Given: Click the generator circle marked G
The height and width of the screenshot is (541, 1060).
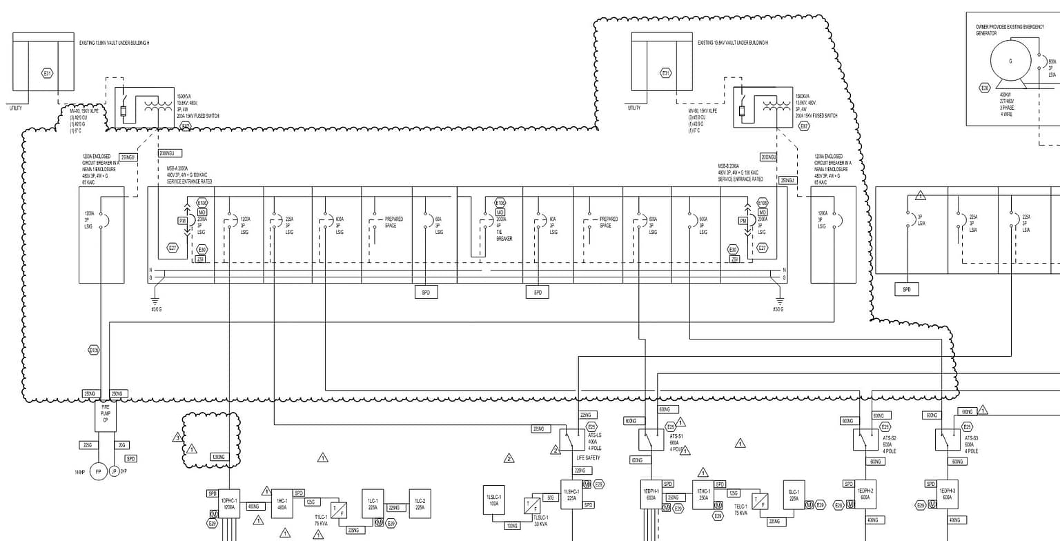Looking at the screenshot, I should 1010,61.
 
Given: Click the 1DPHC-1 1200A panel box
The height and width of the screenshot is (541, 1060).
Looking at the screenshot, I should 229,504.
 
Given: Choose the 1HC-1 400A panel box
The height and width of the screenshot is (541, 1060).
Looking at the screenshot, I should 282,504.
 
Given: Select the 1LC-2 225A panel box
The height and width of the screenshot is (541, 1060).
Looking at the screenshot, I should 420,504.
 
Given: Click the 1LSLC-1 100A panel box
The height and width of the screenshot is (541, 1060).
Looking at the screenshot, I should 493,500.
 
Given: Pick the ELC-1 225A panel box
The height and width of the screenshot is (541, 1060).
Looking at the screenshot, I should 794,495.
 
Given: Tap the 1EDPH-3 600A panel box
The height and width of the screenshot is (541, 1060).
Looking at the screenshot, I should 947,493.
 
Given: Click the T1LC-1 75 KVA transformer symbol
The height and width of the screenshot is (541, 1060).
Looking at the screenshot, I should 339,511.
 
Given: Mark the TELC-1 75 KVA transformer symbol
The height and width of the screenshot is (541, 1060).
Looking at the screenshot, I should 760,502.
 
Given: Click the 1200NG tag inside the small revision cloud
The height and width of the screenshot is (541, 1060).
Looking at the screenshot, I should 219,457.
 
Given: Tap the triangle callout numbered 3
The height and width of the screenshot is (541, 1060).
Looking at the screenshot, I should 177,437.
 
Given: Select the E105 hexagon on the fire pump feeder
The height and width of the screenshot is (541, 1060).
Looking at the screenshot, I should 94,351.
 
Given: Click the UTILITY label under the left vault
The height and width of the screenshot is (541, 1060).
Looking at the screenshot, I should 15,108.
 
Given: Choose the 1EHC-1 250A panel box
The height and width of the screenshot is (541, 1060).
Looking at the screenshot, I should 703,495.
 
